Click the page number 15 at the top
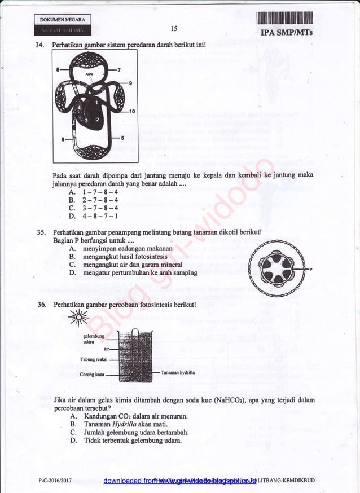pos(173,29)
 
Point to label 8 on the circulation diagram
pos(58,69)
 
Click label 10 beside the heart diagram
pos(132,112)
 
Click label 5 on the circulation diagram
pos(122,138)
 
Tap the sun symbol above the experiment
pos(78,319)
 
